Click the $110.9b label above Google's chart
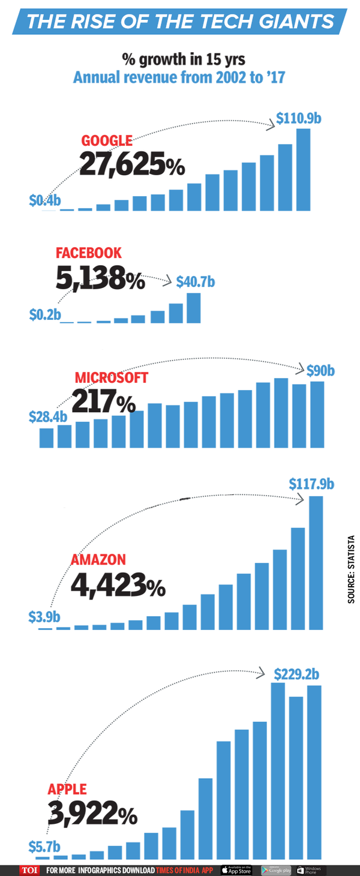coord(299,119)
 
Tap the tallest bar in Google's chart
coord(303,170)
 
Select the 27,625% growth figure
coord(131,166)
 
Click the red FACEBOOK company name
coord(89,253)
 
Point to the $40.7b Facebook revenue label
coord(196,281)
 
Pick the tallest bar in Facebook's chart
coord(193,308)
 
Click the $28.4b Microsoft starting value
coord(48,416)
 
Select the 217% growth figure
coord(103,401)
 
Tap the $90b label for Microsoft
coord(320,371)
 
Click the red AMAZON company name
coord(98,560)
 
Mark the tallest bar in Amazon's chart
coord(316,562)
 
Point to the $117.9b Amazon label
coord(311,483)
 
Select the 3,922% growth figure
coord(92,814)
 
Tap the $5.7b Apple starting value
coord(44,847)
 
